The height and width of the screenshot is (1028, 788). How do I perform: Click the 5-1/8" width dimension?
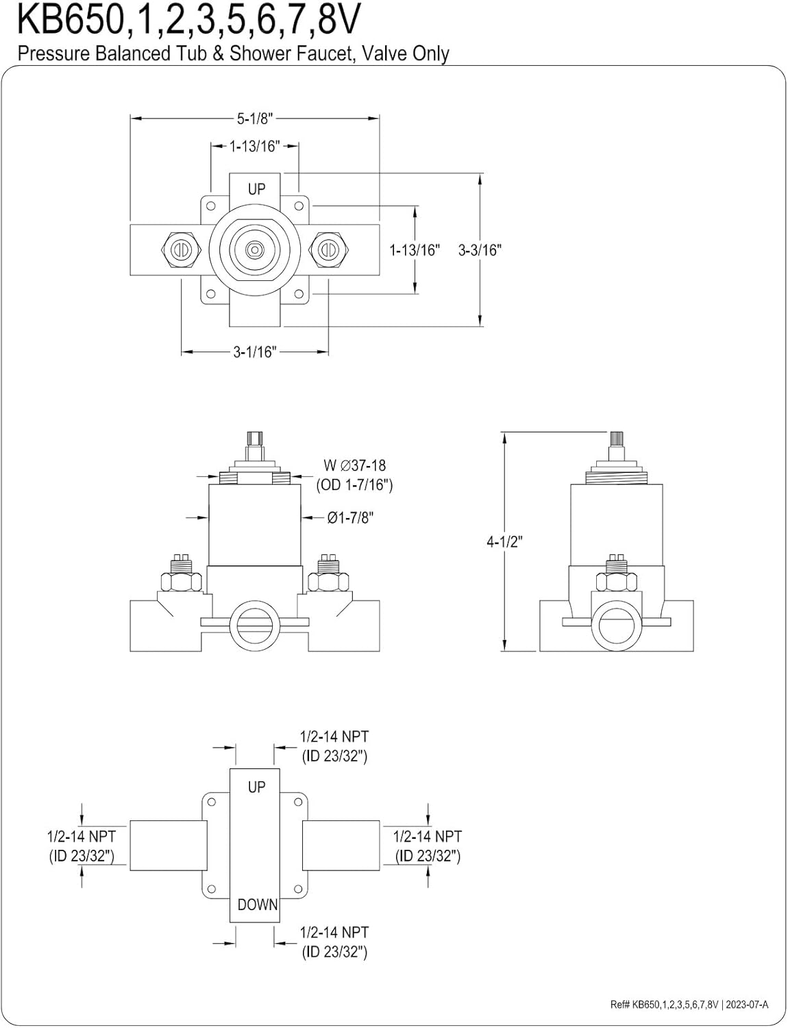point(255,119)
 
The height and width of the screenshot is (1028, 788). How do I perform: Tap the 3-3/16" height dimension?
point(480,249)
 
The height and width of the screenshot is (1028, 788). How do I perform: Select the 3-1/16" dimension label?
point(255,352)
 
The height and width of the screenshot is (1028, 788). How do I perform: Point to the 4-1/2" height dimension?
point(505,541)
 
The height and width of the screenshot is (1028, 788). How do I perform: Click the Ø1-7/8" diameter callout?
point(350,518)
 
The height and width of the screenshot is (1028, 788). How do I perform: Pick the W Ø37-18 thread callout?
point(355,465)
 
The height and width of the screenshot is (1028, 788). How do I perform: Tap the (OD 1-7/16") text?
point(355,485)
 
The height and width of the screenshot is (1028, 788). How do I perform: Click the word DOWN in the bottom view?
point(258,905)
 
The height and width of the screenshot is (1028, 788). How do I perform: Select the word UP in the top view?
point(257,189)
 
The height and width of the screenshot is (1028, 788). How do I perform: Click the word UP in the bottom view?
point(257,787)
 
